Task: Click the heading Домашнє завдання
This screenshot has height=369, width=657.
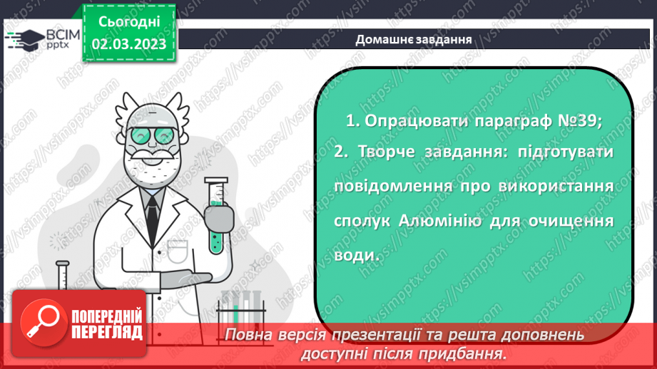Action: (414, 40)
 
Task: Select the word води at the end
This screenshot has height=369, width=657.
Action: (353, 254)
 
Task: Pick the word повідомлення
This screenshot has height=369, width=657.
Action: (394, 187)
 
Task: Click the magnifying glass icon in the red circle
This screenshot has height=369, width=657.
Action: (44, 324)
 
